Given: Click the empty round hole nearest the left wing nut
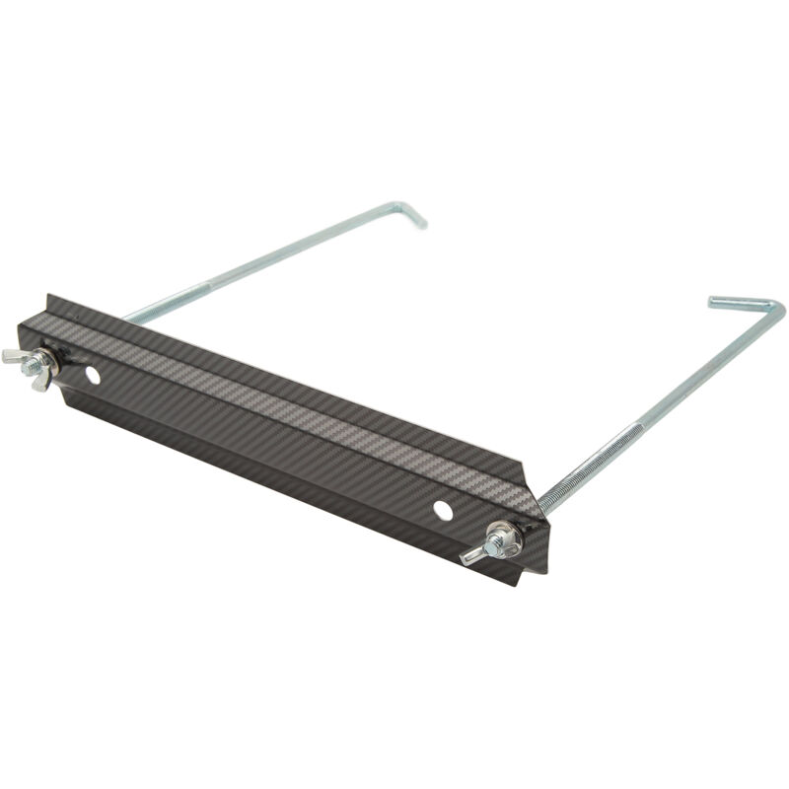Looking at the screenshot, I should tap(92, 375).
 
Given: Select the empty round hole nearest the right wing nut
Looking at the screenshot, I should tap(443, 509).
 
